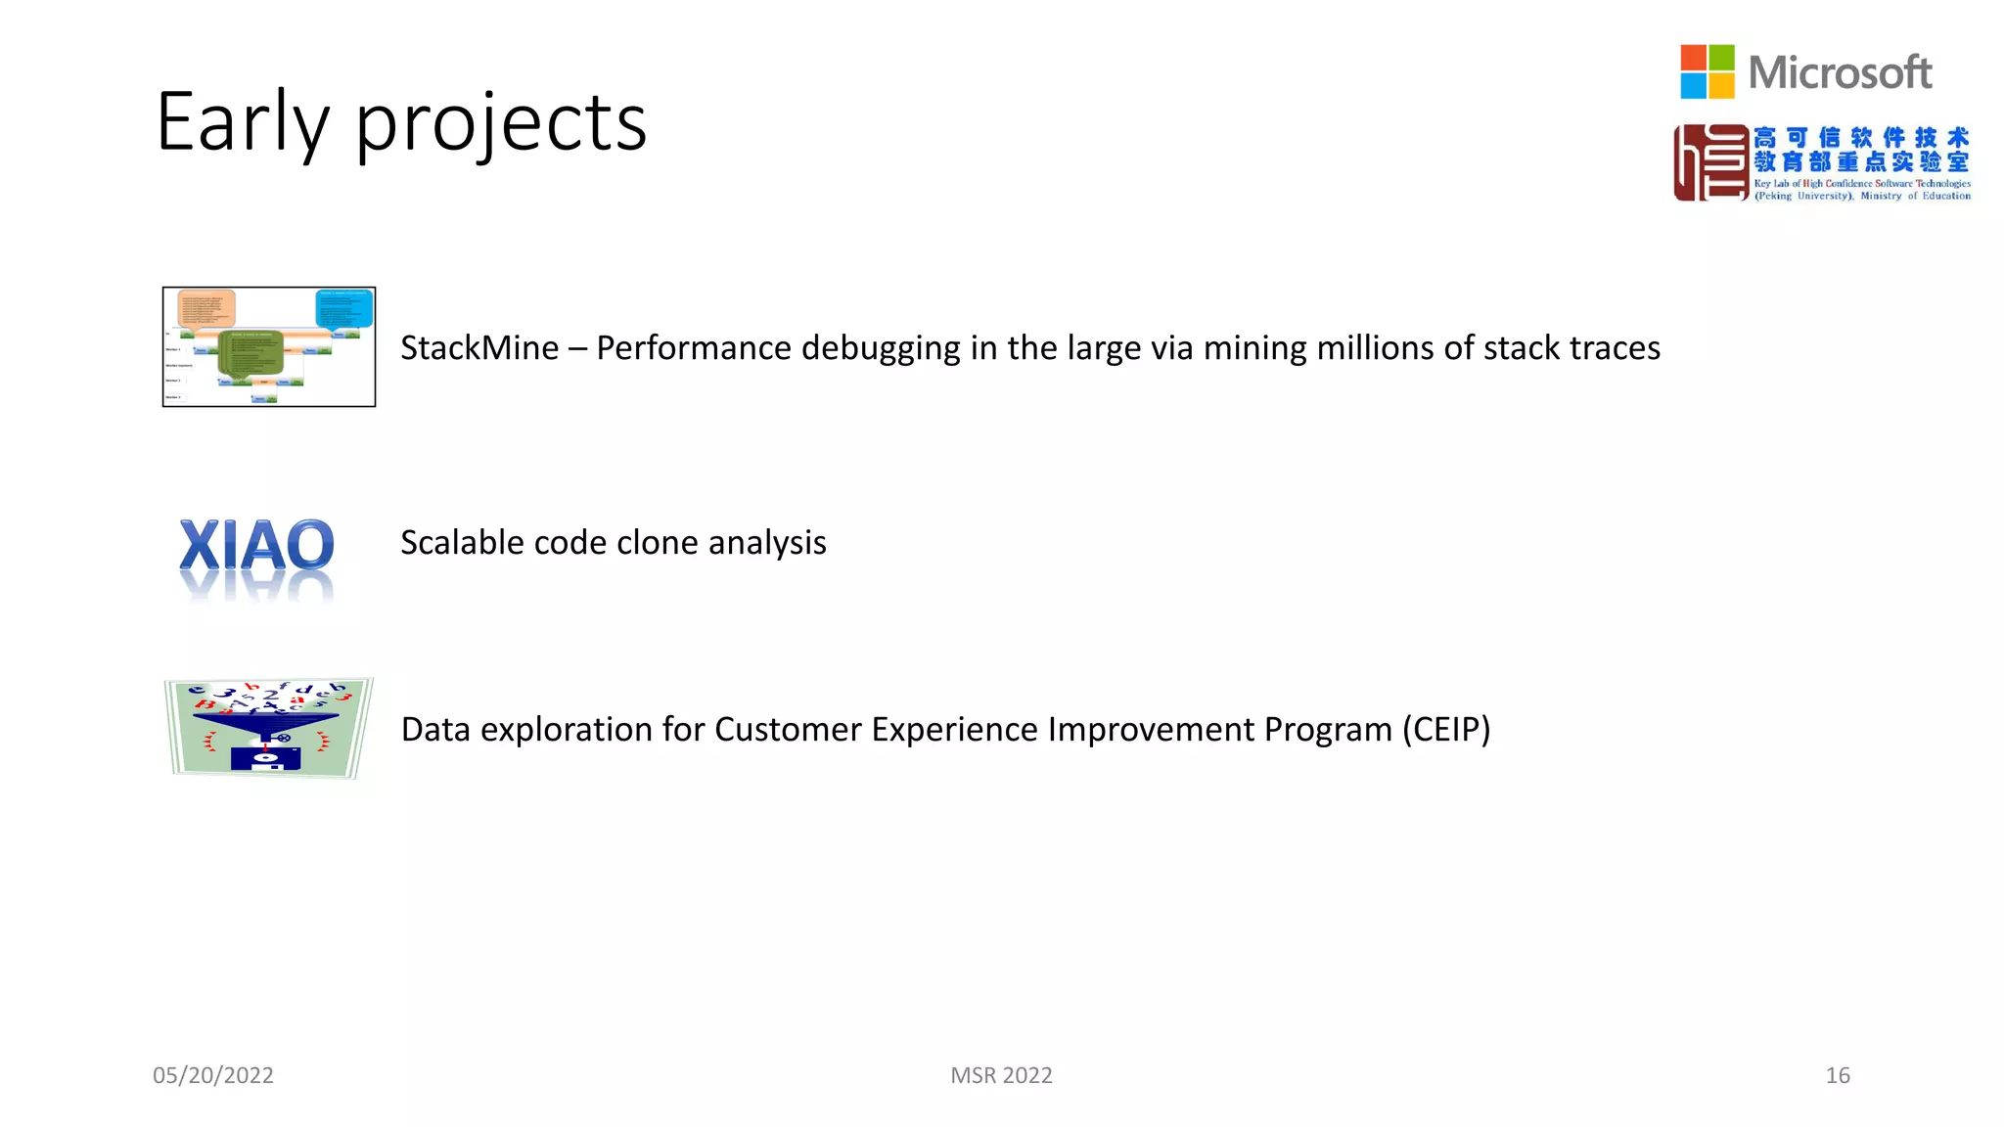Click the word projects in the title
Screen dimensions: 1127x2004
click(500, 124)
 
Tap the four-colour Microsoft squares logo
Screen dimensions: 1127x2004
click(1707, 71)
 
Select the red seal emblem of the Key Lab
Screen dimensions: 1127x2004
click(1710, 162)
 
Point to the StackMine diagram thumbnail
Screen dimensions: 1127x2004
click(269, 347)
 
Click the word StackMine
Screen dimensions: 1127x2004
click(479, 348)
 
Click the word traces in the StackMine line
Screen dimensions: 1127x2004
click(1615, 348)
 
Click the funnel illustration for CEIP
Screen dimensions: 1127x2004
click(268, 728)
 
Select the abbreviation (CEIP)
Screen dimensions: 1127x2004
click(1445, 730)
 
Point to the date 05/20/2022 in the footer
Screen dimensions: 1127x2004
click(213, 1075)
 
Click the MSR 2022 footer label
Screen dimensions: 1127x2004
click(1001, 1075)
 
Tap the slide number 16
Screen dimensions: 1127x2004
click(1837, 1075)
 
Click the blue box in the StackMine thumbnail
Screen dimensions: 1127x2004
click(344, 308)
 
